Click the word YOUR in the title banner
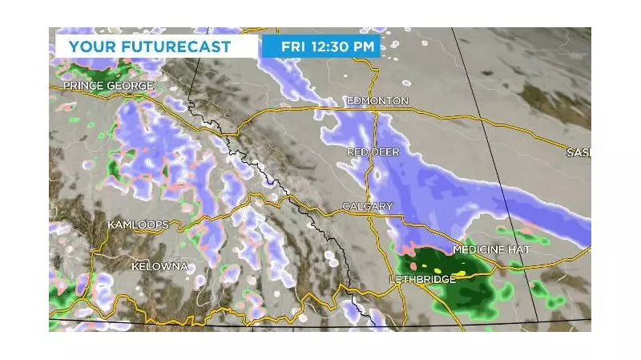point(88,46)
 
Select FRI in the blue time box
point(292,46)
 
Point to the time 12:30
point(331,46)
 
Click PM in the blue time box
point(365,46)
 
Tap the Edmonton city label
point(377,101)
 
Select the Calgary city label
point(368,207)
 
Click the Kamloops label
point(138,225)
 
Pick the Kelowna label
point(159,265)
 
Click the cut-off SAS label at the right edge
point(578,152)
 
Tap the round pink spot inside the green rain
point(413,265)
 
